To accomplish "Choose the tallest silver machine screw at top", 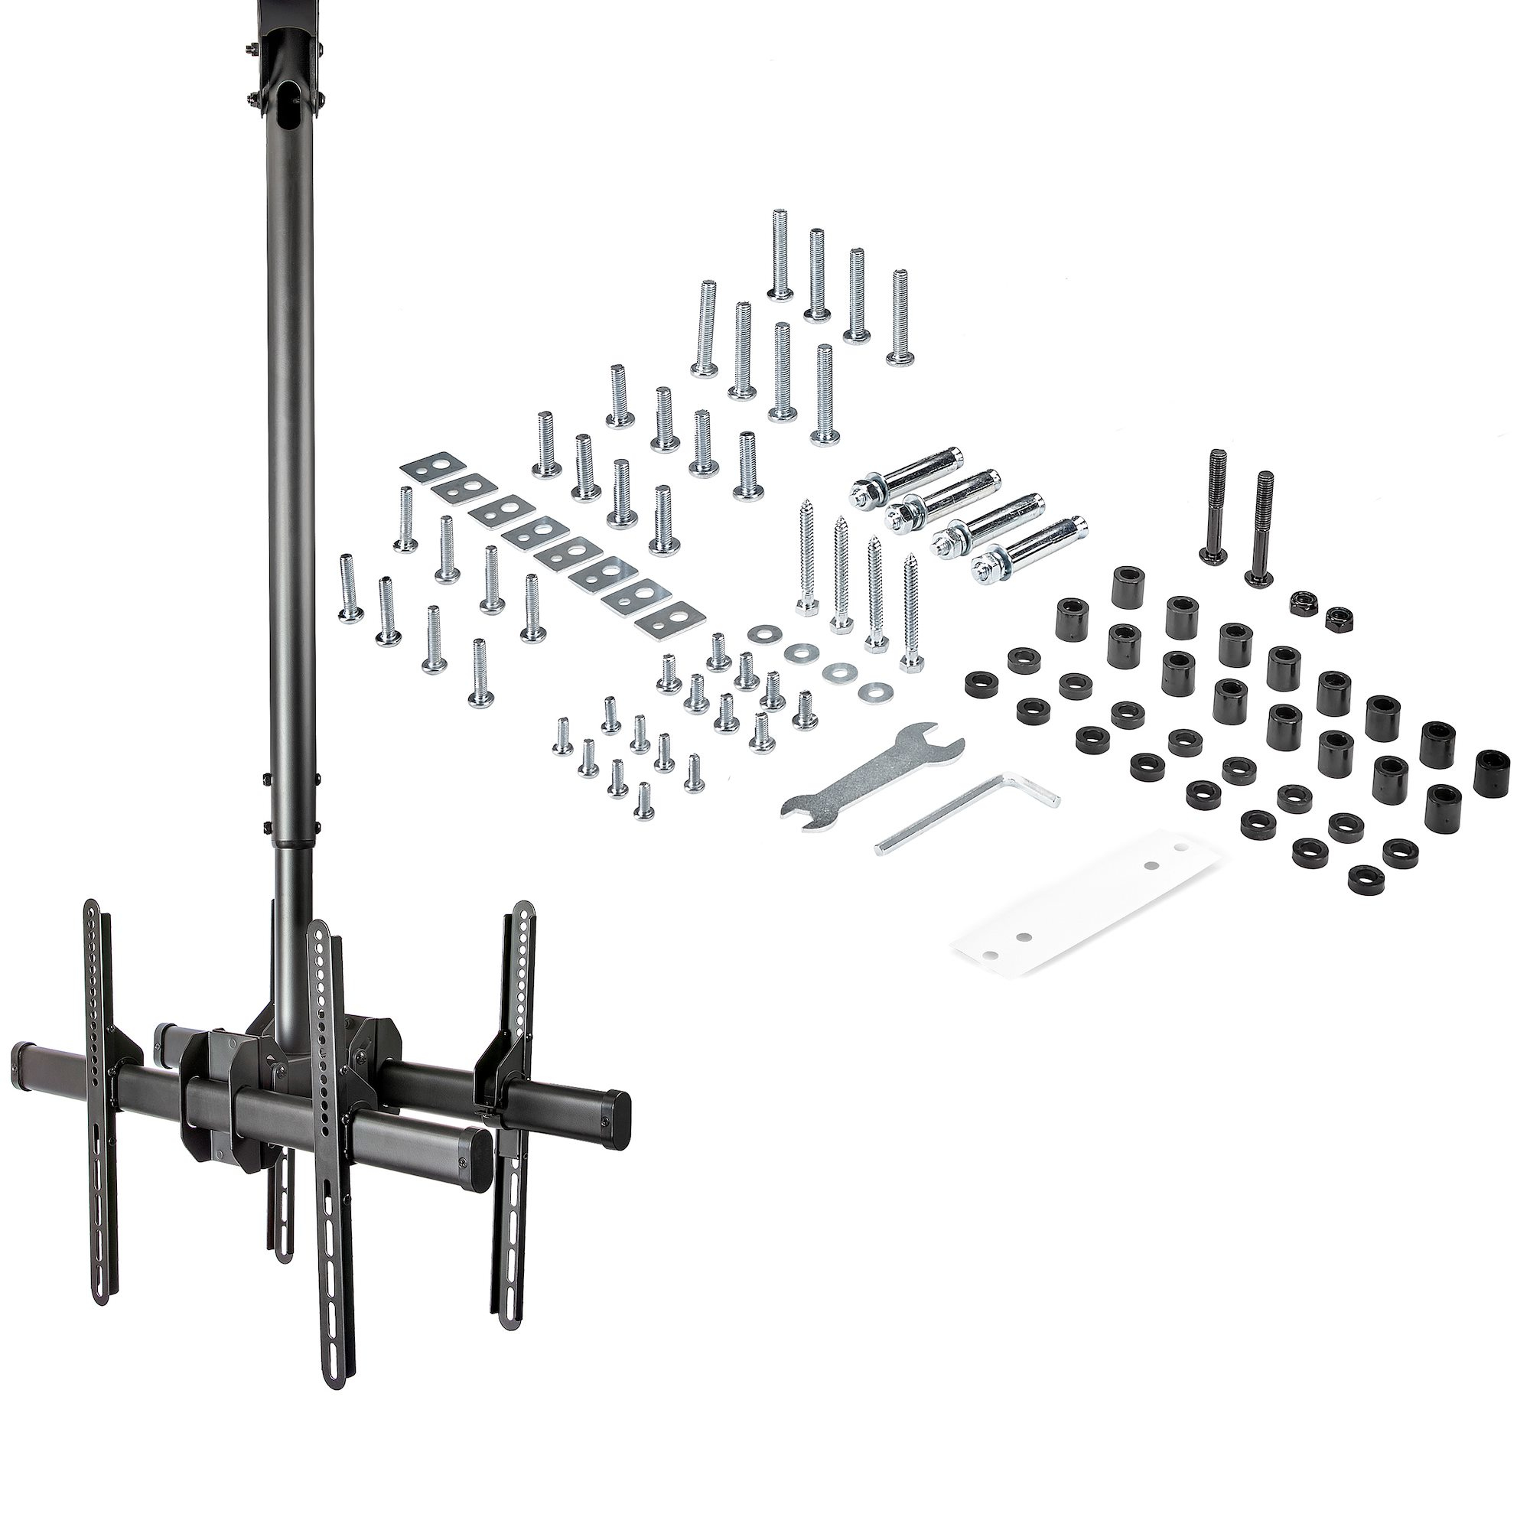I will click(780, 254).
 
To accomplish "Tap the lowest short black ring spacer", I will click(1362, 877).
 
